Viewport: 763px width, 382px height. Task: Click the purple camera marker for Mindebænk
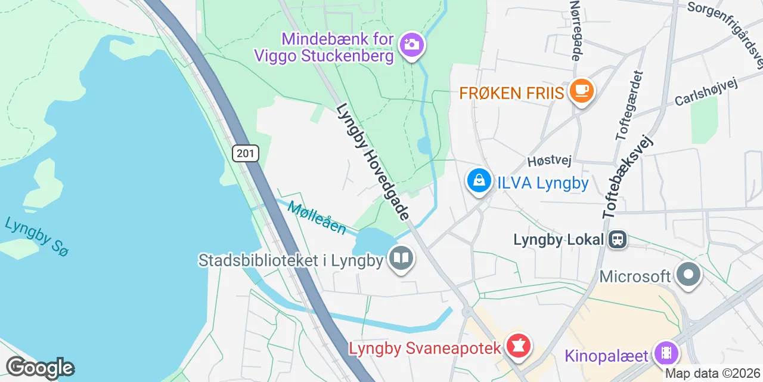click(411, 45)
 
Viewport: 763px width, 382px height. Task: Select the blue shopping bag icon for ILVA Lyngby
click(479, 180)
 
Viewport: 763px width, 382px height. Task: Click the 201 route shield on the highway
click(245, 153)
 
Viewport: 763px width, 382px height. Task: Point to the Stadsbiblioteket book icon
click(402, 258)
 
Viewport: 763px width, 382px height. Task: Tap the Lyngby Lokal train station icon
click(616, 240)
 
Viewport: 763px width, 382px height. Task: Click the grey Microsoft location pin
click(690, 275)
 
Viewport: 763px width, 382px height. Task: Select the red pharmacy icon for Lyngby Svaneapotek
click(519, 346)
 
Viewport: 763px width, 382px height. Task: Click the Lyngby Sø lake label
click(36, 236)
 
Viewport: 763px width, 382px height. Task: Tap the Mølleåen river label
click(317, 218)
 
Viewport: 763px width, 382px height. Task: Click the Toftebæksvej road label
click(628, 176)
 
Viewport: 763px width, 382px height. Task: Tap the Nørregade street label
click(576, 30)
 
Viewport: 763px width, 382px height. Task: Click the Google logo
click(40, 368)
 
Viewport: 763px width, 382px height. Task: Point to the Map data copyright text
click(712, 374)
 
